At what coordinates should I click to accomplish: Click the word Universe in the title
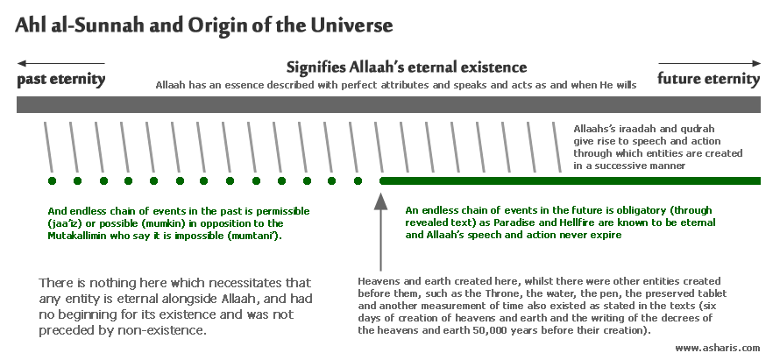352,25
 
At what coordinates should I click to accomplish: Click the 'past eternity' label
61,80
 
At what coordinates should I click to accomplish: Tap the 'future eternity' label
709,79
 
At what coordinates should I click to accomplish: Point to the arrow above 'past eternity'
60,64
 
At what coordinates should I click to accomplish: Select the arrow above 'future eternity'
709,64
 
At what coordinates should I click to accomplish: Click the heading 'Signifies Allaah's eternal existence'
407,67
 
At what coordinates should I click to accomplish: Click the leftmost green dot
53,180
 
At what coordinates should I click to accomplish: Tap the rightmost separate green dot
358,180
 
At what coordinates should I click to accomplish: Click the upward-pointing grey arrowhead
380,201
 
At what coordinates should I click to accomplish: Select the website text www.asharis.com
717,348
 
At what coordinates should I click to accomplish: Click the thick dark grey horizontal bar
388,104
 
